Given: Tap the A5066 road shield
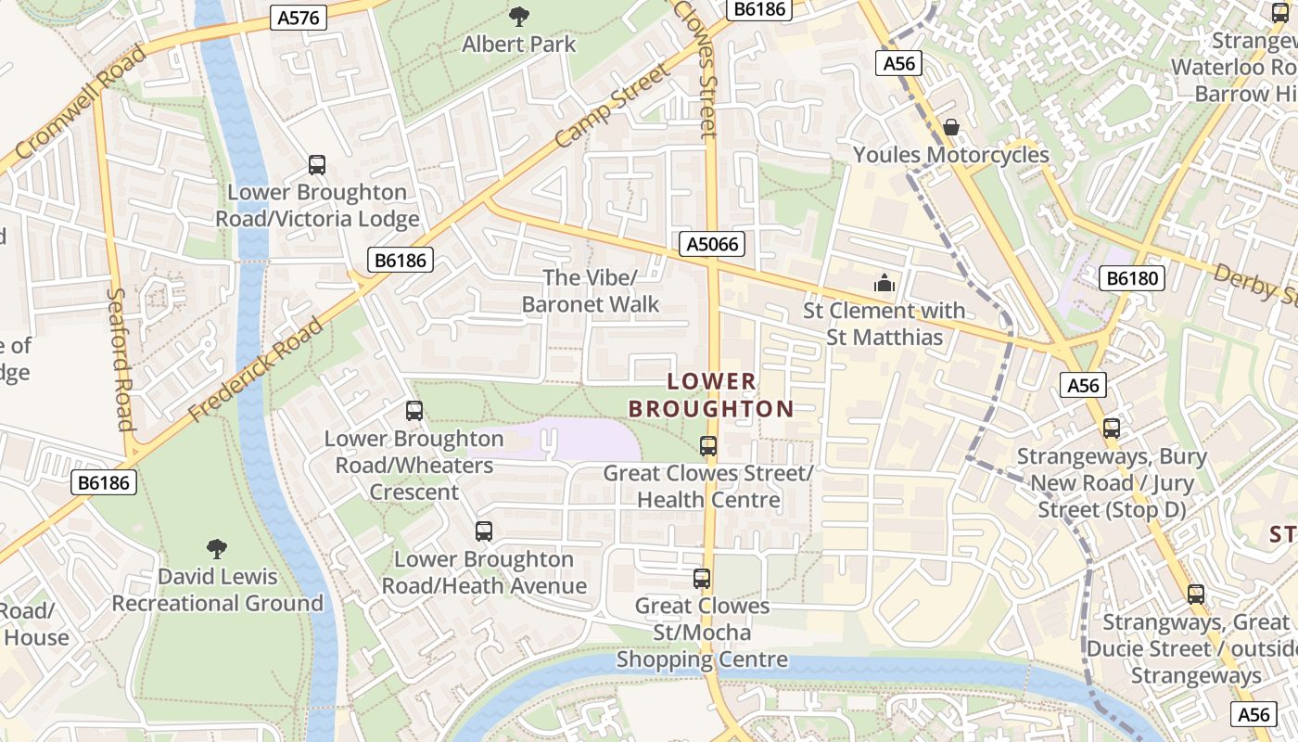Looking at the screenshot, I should pyautogui.click(x=712, y=244).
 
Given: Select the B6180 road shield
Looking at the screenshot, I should pyautogui.click(x=1132, y=277).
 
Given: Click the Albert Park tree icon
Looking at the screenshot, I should pyautogui.click(x=519, y=16).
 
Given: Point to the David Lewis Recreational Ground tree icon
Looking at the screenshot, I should pyautogui.click(x=217, y=549).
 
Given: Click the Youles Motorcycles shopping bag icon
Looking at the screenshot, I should pyautogui.click(x=951, y=127).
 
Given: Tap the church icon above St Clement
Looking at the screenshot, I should pyautogui.click(x=884, y=283).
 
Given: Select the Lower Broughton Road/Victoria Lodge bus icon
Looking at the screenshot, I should pyautogui.click(x=317, y=165).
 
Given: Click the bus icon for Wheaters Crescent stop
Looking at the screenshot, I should pyautogui.click(x=414, y=410).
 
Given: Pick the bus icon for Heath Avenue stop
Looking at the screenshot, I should pyautogui.click(x=484, y=531).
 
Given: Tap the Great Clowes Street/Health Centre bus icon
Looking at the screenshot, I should pyautogui.click(x=708, y=445).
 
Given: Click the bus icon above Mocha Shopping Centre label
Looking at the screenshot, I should pyautogui.click(x=702, y=579).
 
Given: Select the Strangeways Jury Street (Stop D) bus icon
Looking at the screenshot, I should pyautogui.click(x=1112, y=429).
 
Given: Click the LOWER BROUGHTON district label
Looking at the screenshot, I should pyautogui.click(x=711, y=395).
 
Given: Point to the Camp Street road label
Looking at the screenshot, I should pyautogui.click(x=612, y=107).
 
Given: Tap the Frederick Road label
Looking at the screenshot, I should pyautogui.click(x=256, y=369).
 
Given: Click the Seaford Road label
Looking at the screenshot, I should pyautogui.click(x=121, y=360).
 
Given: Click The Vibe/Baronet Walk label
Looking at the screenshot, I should pyautogui.click(x=591, y=290).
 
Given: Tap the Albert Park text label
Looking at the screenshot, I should pyautogui.click(x=519, y=44).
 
